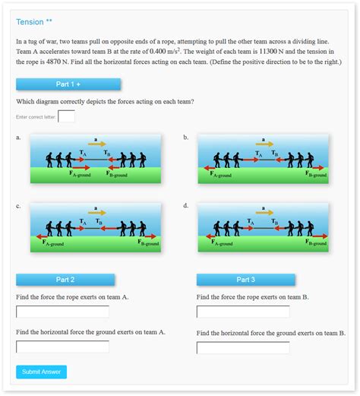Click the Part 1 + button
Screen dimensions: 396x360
[x=68, y=84]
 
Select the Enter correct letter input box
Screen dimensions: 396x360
[x=66, y=116]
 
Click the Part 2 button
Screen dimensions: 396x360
[x=65, y=280]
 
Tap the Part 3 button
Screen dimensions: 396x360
[x=245, y=280]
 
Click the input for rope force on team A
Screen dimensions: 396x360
[x=62, y=312]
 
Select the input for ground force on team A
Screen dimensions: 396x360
[x=62, y=347]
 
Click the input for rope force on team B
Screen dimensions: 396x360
[x=243, y=312]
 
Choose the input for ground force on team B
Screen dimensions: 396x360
[x=243, y=348]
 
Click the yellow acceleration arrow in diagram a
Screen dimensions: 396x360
[x=96, y=144]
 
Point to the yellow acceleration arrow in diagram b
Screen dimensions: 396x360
[x=264, y=144]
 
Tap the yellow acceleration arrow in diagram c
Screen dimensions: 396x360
[x=96, y=213]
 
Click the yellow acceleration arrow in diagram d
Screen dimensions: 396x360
[x=264, y=213]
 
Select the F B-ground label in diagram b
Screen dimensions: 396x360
[x=316, y=174]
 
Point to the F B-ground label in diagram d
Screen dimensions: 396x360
[x=316, y=242]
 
